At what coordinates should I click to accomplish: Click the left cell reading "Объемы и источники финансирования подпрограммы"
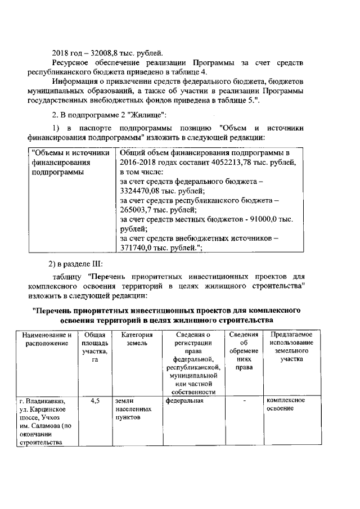click(x=70, y=163)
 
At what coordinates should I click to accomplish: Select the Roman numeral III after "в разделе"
click(x=97, y=264)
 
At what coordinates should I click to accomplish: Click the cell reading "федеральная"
click(x=184, y=401)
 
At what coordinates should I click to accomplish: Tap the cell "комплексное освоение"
click(x=285, y=405)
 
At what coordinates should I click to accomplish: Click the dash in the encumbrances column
click(x=244, y=402)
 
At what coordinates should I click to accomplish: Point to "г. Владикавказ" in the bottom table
click(x=42, y=401)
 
